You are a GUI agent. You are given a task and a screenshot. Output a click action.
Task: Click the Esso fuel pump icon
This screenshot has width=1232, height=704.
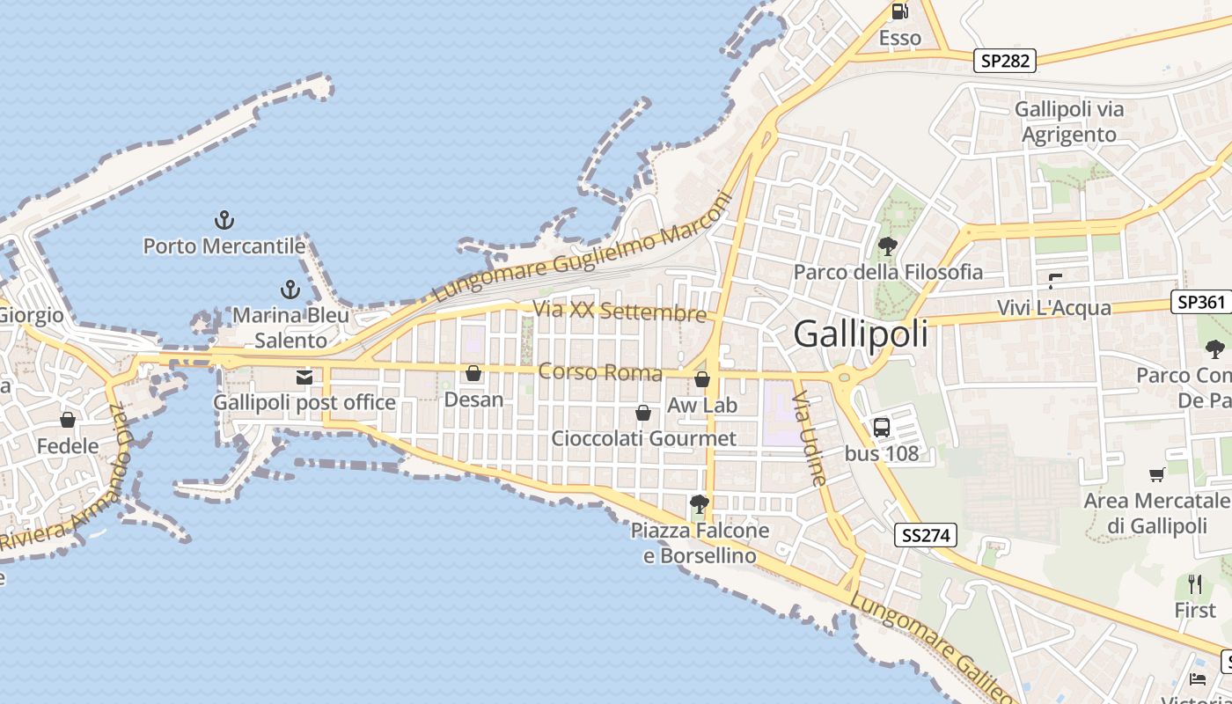point(899,11)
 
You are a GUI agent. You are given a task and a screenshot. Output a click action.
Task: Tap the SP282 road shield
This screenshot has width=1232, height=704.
point(1005,61)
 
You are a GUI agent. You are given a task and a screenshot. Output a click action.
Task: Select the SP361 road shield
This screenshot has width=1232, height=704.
point(1201,302)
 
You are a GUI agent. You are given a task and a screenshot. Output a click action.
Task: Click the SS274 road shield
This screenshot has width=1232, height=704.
point(926,534)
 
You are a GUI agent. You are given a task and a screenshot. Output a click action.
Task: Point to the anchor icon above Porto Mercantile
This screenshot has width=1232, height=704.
point(224,220)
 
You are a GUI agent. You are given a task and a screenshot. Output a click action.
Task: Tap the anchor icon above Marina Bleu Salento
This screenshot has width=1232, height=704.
point(290,289)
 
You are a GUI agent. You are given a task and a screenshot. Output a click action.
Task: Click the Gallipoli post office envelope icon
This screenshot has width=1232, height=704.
point(304,378)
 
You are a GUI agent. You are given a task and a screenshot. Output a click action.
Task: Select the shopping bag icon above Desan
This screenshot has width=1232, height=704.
point(473,374)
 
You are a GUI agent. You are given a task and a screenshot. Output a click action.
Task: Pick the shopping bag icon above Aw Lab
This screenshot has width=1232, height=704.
point(702,379)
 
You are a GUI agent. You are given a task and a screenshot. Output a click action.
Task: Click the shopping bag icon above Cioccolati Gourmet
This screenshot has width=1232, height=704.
point(643,413)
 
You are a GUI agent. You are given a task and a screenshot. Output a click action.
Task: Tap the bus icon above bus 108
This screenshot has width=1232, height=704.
point(881,428)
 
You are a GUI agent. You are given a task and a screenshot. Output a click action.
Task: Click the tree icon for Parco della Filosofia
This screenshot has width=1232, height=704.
point(887,246)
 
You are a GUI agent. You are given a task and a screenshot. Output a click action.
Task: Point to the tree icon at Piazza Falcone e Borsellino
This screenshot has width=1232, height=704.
point(700,504)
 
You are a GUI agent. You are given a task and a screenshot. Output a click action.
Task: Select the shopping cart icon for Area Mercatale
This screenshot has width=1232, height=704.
point(1156,475)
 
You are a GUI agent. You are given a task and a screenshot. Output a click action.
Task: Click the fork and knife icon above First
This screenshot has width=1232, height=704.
point(1194,583)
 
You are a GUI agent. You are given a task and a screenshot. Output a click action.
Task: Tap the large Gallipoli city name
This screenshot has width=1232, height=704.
point(861,334)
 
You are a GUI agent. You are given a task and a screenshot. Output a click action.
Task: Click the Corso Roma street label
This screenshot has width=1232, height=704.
point(600,372)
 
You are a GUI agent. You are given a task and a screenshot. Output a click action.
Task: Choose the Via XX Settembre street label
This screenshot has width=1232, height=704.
point(620,311)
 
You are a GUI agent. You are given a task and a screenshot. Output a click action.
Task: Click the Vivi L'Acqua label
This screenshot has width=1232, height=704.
point(1054,308)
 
